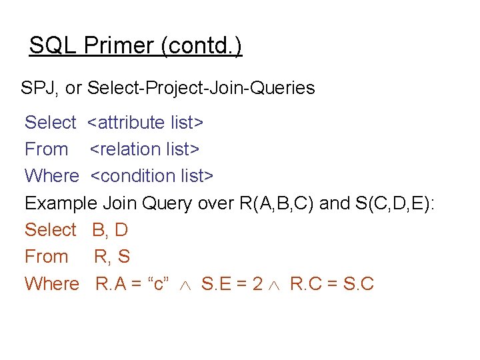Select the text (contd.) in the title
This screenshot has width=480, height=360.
click(x=201, y=46)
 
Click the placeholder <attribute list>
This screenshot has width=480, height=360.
click(x=146, y=123)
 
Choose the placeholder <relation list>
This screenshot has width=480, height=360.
click(x=145, y=149)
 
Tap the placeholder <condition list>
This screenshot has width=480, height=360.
click(x=152, y=176)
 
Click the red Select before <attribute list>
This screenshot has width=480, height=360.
click(x=51, y=123)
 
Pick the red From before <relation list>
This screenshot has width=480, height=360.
click(x=47, y=149)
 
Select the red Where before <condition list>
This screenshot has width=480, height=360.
click(x=52, y=176)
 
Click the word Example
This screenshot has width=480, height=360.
click(x=60, y=203)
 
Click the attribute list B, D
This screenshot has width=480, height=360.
click(x=110, y=230)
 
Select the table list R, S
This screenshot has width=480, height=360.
click(x=112, y=257)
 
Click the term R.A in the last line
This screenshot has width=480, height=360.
click(x=111, y=284)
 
